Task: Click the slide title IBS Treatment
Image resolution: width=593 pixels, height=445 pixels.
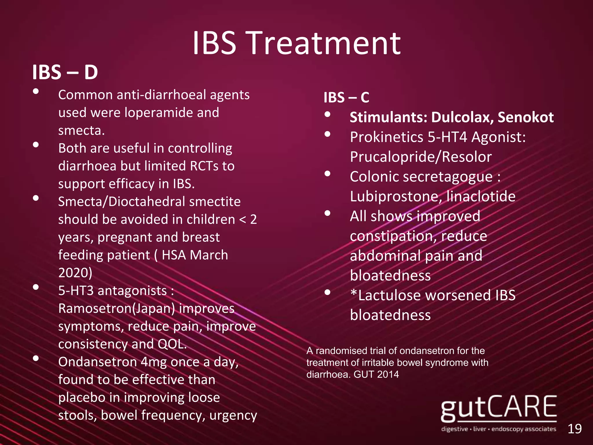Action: (x=296, y=43)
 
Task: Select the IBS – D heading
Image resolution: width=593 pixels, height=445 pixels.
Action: (x=65, y=72)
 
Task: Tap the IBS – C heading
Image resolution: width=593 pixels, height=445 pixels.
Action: (x=346, y=97)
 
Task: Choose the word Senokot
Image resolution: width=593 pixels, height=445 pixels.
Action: (x=526, y=117)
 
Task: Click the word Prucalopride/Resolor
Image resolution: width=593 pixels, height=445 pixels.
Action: (x=421, y=157)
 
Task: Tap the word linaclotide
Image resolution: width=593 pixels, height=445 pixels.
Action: (x=481, y=196)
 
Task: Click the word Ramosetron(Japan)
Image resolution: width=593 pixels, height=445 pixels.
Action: (x=116, y=309)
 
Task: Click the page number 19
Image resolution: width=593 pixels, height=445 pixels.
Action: (x=574, y=429)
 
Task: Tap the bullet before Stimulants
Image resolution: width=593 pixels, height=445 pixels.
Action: (x=327, y=114)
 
